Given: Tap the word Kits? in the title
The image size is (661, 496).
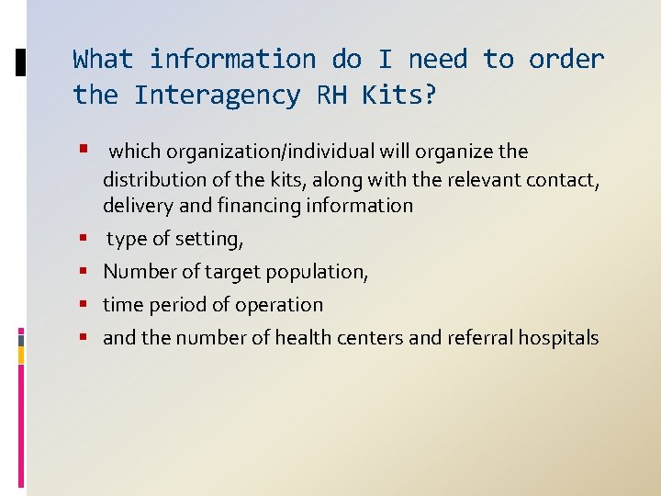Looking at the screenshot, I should pos(396,96).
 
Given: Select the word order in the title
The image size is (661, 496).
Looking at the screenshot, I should pos(566,60).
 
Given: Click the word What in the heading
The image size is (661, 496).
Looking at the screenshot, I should pos(103,60).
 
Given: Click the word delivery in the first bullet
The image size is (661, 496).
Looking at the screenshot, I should pos(136,206).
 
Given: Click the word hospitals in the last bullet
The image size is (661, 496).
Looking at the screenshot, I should pos(557,338).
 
